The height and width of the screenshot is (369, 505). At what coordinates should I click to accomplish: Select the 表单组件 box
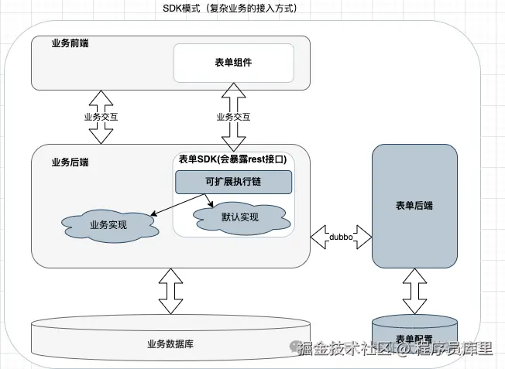click(x=233, y=63)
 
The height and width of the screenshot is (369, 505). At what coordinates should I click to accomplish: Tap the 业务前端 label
click(x=70, y=43)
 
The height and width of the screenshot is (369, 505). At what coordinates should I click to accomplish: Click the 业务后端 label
click(x=70, y=162)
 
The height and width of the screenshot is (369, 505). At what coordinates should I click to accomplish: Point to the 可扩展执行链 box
click(x=233, y=183)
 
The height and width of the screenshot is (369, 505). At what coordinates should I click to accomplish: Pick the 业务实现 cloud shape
click(x=108, y=225)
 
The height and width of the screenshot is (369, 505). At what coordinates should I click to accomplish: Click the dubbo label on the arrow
click(x=342, y=237)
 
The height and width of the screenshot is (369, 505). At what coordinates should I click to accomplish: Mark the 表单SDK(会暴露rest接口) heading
click(x=233, y=159)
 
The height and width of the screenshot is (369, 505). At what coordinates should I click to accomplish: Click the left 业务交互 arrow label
click(x=101, y=117)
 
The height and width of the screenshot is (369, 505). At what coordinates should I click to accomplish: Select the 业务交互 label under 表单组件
click(x=233, y=117)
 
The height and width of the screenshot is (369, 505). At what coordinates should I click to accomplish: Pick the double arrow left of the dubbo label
click(x=320, y=237)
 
